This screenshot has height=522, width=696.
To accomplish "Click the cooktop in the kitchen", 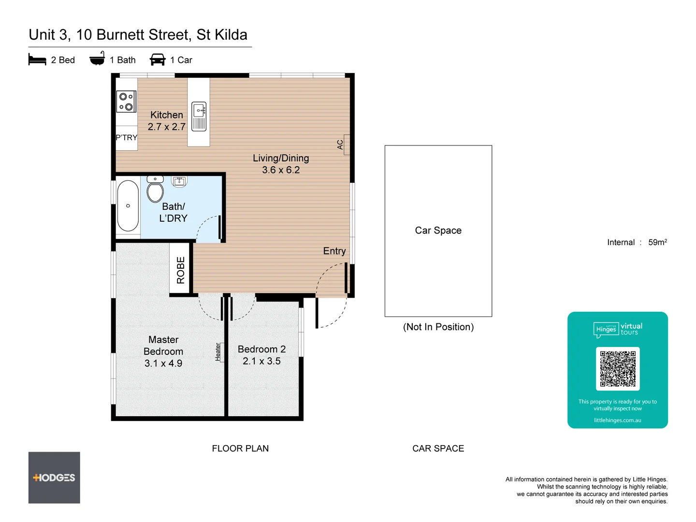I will pos(126,102).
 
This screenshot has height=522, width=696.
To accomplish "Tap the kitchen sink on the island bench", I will pos(199,116).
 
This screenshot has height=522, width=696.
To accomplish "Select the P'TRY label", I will pos(127,138).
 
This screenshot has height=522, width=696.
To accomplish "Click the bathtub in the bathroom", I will pos(128,206).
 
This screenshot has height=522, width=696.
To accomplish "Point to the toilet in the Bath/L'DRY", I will pos(155,190).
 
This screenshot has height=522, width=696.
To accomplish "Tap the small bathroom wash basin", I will pos(179,181).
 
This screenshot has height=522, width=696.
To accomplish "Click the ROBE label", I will pos(181,270).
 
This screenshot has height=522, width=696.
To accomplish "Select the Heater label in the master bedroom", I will pos(218,352).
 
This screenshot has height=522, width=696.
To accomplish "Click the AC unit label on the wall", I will pos(340,145).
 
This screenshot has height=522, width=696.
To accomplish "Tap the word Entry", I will pos(334,251).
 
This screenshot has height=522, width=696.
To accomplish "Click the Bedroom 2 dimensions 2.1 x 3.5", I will pos(261,361).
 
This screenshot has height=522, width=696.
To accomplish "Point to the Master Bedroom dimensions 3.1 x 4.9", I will pos(163,363).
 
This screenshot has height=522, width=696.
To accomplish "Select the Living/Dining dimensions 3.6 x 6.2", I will pos(281,170).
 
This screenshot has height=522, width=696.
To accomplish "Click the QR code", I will pos(618,368).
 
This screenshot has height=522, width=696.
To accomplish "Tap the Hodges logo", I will pos(54,478).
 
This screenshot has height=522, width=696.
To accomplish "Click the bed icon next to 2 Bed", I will pos(37,60).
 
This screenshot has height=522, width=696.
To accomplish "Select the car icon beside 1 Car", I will pos(158,60).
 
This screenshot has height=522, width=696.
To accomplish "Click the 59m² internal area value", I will pos(657,242).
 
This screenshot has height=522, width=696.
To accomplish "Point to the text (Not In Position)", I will pos(438,327).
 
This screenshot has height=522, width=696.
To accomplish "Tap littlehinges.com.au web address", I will pos(618,420).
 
